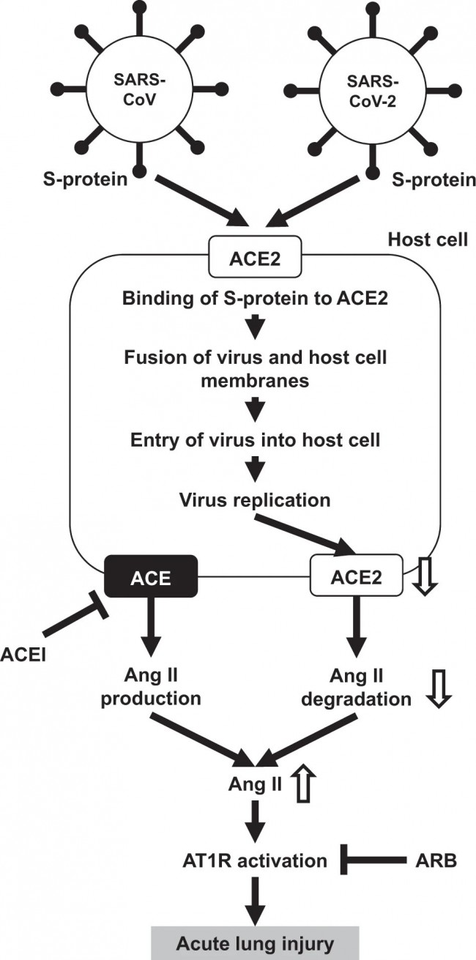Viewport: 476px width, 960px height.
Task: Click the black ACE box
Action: [151, 576]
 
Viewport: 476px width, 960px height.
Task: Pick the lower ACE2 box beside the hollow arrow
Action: [357, 576]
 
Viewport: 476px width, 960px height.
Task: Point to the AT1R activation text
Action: [255, 860]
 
